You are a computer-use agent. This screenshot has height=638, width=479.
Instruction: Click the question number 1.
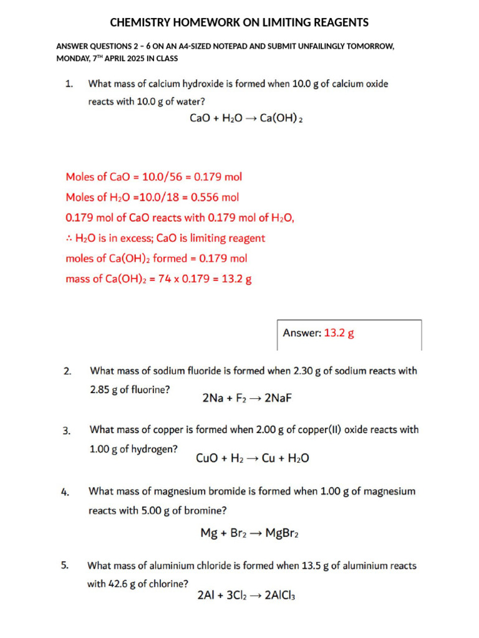click(x=69, y=83)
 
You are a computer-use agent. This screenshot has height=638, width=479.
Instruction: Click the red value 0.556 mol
click(x=215, y=198)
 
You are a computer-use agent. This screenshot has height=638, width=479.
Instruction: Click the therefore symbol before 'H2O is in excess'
click(x=69, y=239)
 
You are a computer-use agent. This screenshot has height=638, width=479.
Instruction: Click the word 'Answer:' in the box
click(x=302, y=333)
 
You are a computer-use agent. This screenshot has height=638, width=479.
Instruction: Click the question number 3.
click(x=67, y=431)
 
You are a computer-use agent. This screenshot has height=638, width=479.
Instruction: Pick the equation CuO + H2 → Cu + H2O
click(x=252, y=459)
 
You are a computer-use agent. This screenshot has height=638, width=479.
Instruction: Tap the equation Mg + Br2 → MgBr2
click(x=253, y=533)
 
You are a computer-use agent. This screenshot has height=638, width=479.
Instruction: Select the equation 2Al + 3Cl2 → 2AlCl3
click(x=246, y=596)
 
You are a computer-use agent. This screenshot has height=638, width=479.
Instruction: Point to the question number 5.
click(x=65, y=566)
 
